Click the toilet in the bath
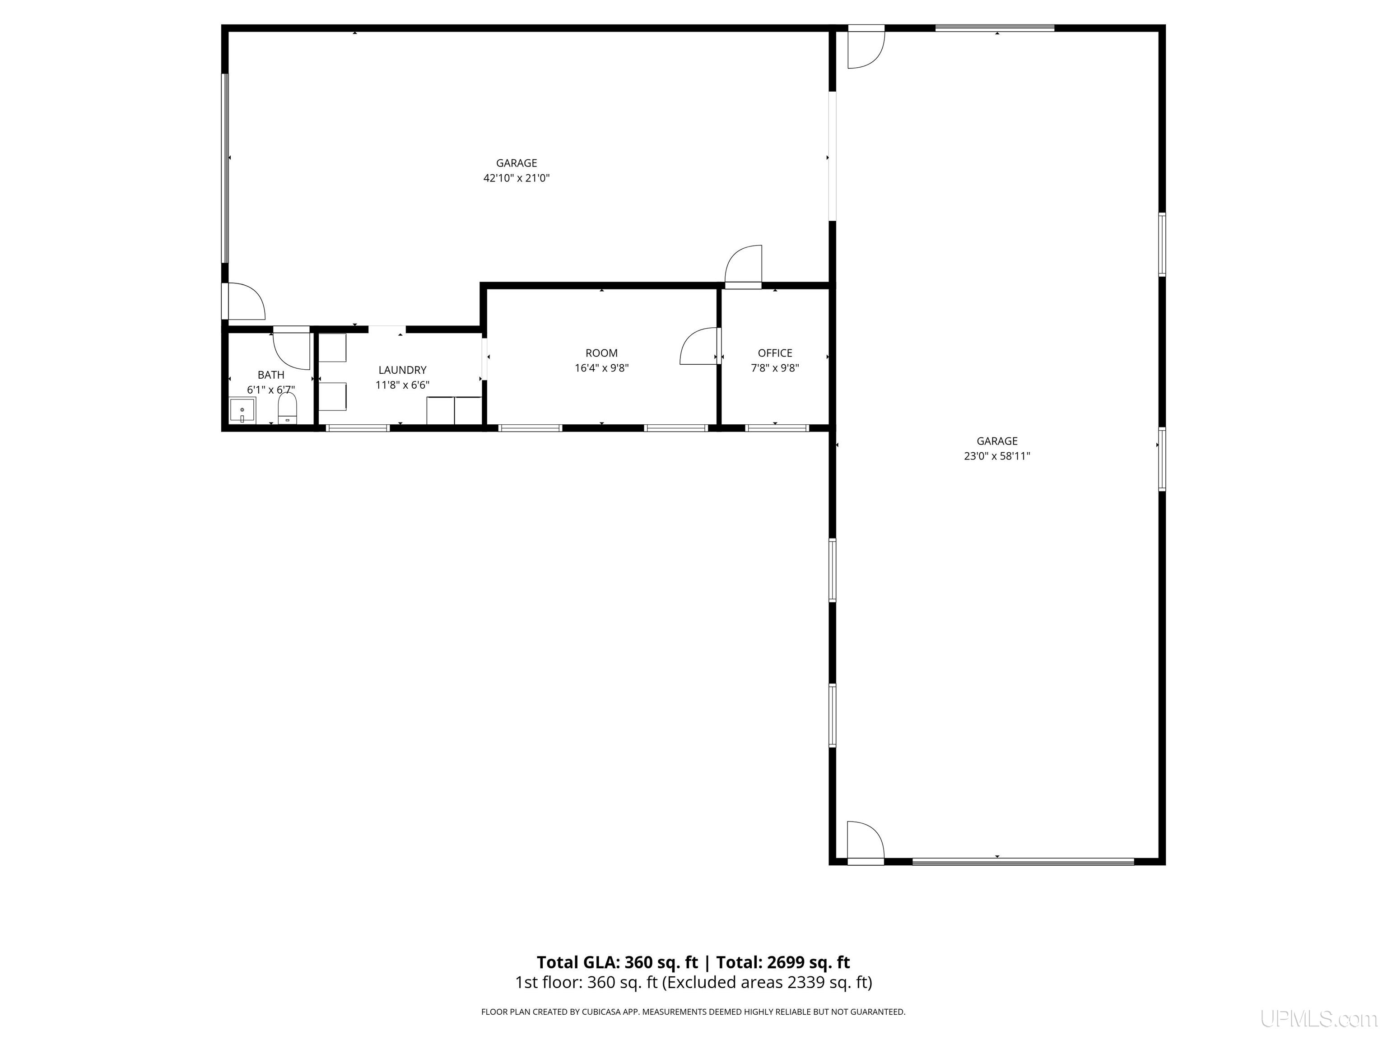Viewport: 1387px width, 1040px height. click(287, 408)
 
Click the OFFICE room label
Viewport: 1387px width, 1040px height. click(775, 353)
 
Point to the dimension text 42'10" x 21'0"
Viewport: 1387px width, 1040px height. click(516, 178)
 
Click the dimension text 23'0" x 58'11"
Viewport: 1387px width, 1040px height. click(997, 456)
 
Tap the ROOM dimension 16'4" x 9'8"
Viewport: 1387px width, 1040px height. click(601, 368)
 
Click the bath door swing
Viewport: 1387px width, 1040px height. click(292, 348)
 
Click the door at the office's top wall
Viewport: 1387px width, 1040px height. click(743, 266)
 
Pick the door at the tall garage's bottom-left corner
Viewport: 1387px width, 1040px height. click(866, 843)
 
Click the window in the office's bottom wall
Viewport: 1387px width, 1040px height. click(777, 428)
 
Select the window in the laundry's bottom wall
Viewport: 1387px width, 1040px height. click(358, 428)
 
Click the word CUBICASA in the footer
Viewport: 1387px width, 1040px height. click(604, 1012)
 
